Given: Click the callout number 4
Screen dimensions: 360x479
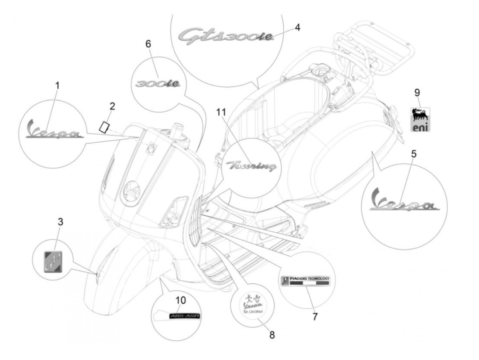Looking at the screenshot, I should pos(297,27).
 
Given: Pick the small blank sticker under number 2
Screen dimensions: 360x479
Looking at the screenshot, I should pos(104,126).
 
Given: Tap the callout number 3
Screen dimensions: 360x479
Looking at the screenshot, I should pos(60,222).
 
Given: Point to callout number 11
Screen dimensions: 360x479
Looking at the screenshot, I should pos(221,112).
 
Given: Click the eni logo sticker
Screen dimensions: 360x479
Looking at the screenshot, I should pos(420,119).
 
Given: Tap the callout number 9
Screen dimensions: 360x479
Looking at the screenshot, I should pos(417,92).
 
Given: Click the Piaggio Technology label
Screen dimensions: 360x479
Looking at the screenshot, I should pos(306,281).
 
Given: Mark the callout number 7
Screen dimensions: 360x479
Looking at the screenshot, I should pos(315,317).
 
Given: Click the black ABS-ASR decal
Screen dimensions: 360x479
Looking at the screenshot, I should pos(184,316).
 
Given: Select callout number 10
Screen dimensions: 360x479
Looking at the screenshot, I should pos(181,300).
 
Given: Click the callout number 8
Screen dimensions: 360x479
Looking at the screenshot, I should pos(272,335).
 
